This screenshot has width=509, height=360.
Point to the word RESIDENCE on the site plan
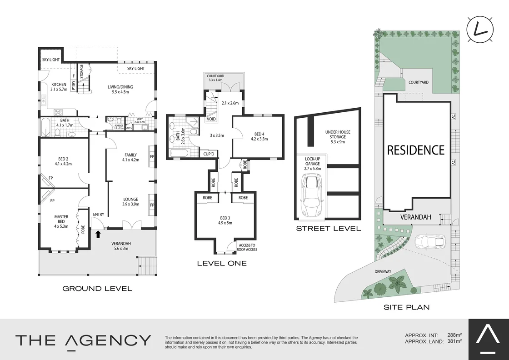coord(415,150)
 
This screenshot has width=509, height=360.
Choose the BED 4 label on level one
coord(257,136)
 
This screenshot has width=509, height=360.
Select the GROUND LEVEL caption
coord(97,288)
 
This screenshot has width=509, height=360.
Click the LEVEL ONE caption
coord(222,263)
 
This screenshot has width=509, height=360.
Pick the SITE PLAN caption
coord(407,307)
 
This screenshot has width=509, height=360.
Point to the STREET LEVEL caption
coord(328,228)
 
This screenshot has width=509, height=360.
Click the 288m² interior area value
coord(454,336)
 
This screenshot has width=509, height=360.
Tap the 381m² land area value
coord(454,341)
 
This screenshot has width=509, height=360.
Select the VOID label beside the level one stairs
coord(211,120)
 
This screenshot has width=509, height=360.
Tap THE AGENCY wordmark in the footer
coord(83,340)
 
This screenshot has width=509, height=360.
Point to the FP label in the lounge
coord(152,205)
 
